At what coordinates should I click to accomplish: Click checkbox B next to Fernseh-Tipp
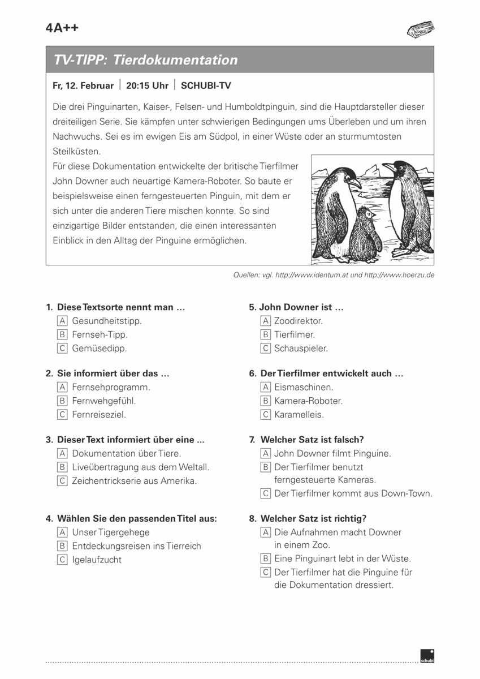62,335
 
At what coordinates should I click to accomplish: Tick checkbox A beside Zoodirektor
265,321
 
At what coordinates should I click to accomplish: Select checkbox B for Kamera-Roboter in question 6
265,401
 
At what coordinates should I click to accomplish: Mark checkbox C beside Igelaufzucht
62,560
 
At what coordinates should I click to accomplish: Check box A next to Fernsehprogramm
62,388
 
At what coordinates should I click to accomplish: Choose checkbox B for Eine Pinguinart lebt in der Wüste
265,559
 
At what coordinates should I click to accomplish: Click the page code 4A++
62,29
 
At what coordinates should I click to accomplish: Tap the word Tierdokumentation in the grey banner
176,60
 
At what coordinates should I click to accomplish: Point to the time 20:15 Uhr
147,86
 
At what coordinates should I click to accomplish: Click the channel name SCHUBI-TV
206,86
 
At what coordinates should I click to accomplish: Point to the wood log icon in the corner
420,29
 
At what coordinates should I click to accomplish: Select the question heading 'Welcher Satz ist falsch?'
312,440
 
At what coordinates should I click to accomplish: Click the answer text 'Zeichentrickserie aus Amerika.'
135,482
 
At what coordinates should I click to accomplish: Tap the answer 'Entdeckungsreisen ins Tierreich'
136,547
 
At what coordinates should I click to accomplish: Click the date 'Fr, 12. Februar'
83,86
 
